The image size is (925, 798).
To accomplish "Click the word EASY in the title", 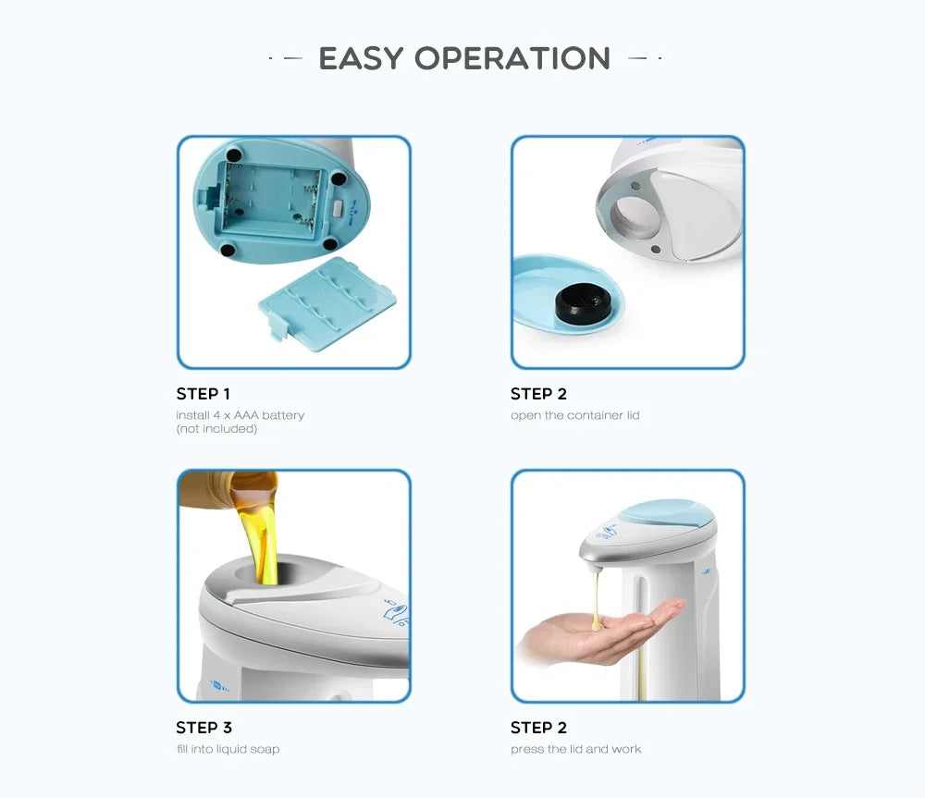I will [361, 58].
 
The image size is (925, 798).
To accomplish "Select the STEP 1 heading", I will [203, 394].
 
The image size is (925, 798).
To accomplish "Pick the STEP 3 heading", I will [203, 728].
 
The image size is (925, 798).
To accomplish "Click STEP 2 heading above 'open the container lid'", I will [538, 394].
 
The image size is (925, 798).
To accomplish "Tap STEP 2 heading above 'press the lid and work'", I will [538, 728].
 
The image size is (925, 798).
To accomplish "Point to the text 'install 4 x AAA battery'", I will [240, 415].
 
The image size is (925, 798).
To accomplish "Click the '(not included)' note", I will [216, 429].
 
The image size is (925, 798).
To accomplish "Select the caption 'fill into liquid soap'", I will [228, 749].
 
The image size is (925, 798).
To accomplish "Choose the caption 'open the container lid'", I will [574, 415].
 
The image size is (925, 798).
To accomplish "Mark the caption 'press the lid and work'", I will [575, 749].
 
